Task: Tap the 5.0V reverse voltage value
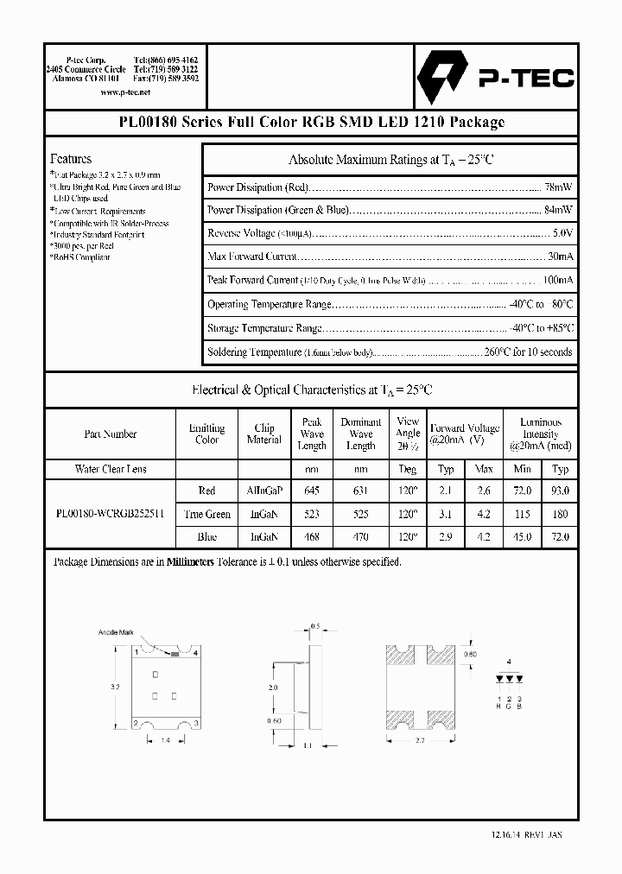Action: coord(562,233)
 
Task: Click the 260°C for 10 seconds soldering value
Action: coord(526,351)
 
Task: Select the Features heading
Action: coord(71,159)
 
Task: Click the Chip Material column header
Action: coord(264,434)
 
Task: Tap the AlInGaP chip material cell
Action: coord(264,491)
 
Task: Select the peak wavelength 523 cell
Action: coord(312,514)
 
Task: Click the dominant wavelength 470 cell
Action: coord(360,536)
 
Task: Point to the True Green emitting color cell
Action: coord(207,514)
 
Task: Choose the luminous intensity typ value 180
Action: coord(561,514)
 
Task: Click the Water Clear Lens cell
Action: coord(111,469)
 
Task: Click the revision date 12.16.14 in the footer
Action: coord(501,836)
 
